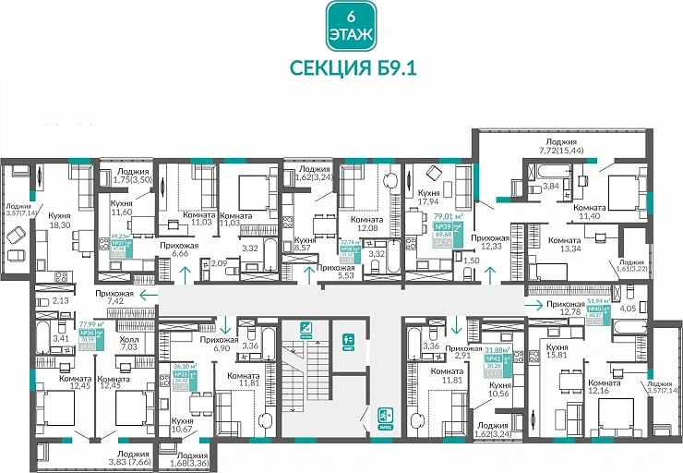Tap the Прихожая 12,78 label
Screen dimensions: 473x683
click(x=572, y=306)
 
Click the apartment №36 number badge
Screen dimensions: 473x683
click(x=90, y=333)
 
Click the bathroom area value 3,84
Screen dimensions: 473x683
click(x=550, y=186)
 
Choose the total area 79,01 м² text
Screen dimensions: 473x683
click(x=449, y=220)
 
